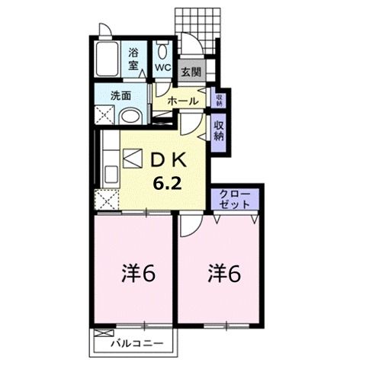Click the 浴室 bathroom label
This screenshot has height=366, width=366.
[133, 59]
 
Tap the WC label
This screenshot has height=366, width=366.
[162, 67]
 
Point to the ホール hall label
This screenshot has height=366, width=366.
[183, 101]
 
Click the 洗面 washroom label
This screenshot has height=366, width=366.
[120, 96]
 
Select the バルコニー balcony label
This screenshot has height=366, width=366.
[136, 343]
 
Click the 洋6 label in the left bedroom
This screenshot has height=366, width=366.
[140, 272]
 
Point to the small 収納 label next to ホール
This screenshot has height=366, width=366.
[219, 99]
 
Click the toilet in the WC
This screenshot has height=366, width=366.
[163, 50]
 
